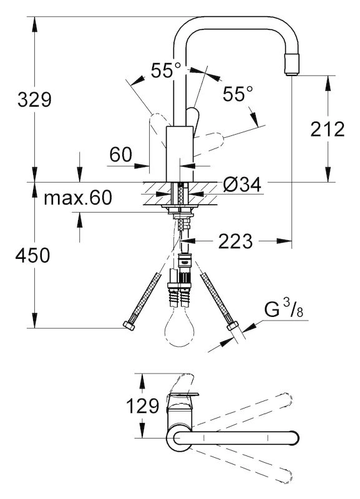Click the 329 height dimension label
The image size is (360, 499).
coord(34,100)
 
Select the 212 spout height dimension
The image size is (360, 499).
coord(328,129)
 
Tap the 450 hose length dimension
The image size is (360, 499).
coord(33,255)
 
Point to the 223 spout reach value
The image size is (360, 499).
coord(235,241)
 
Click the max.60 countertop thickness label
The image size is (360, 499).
coord(78,197)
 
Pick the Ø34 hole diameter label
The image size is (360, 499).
coord(242,184)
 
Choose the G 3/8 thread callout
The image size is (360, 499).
coord(284,309)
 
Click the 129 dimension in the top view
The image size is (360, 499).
coord(142,406)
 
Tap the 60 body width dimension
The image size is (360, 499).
coord(120,155)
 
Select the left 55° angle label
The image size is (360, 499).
coord(166,70)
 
